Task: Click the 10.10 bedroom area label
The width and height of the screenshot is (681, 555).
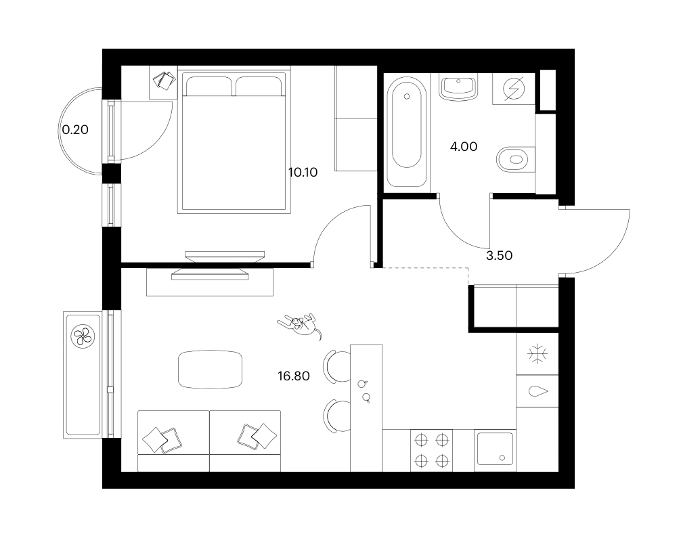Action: (303, 173)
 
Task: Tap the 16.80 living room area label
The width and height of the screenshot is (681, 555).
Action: (294, 376)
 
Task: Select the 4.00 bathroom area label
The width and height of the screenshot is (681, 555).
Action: (464, 147)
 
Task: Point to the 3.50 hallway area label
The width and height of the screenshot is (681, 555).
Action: (499, 256)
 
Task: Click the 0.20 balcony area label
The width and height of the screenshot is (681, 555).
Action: (75, 129)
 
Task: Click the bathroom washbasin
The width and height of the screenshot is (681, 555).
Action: (458, 87)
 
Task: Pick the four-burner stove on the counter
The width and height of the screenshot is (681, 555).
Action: (431, 451)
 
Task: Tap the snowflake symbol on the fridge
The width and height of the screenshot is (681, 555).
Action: (537, 354)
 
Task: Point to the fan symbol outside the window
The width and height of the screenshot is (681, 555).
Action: (83, 336)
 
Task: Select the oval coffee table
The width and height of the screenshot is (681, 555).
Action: (211, 370)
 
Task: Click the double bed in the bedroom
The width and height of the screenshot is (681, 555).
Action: (234, 142)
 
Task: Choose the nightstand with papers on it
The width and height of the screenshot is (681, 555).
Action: (163, 83)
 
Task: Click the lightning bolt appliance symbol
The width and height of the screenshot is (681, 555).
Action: (513, 89)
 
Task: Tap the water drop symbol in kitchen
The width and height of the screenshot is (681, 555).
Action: (538, 391)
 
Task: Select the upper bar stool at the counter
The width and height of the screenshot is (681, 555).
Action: (337, 367)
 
